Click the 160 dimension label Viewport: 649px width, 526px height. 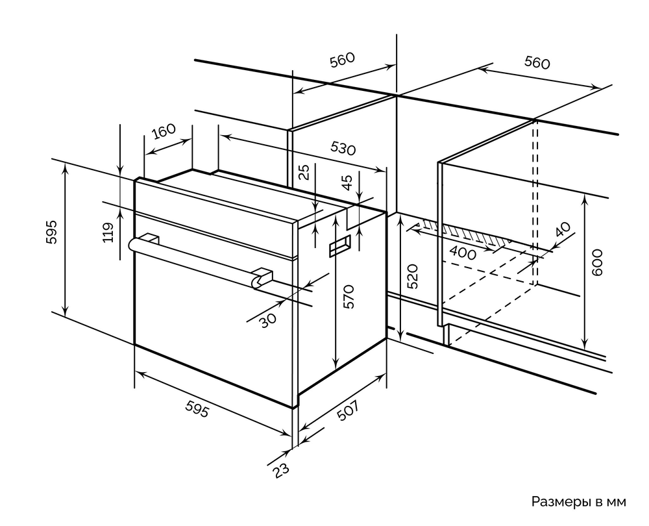(164, 131)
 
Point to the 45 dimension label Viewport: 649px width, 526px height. (347, 183)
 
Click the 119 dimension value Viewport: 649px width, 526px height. (108, 232)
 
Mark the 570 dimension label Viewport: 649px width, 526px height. (349, 296)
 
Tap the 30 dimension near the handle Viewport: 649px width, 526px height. (267, 319)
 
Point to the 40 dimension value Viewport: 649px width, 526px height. (563, 231)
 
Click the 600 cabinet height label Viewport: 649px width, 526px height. (598, 262)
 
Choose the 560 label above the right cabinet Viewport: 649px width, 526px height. (537, 63)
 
